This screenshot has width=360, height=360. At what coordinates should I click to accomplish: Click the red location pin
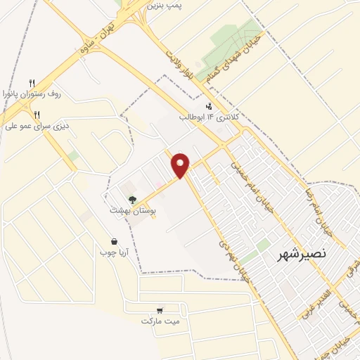point(181,165)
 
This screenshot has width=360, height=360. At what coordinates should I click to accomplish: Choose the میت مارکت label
point(160,321)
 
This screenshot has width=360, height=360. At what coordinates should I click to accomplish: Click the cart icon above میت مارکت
point(160,310)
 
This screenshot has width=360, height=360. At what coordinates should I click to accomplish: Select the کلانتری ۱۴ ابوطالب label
point(209,115)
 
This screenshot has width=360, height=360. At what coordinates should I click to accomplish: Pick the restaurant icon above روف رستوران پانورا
point(32,82)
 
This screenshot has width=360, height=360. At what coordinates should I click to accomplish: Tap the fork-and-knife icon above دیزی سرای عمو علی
point(37,115)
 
